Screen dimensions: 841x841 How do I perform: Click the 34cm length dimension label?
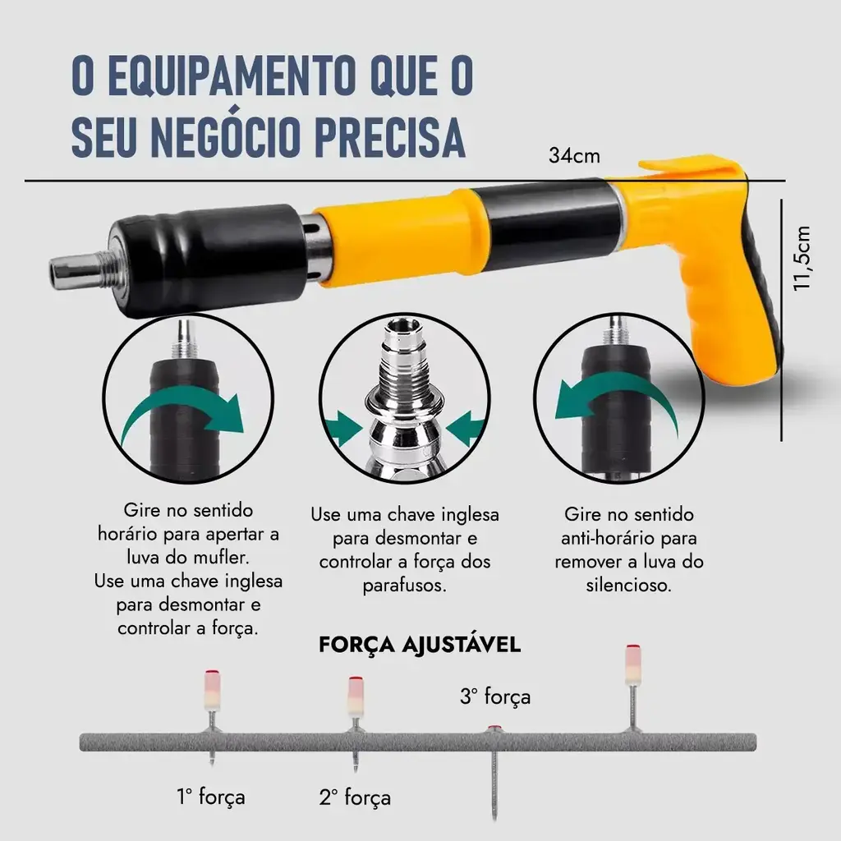point(574,155)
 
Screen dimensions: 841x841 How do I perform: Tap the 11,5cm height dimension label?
point(802,259)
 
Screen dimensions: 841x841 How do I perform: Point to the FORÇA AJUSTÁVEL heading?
point(420,644)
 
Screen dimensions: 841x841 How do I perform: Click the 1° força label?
point(211,797)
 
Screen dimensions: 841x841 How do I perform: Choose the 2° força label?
point(355,797)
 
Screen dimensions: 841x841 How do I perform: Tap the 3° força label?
point(495,696)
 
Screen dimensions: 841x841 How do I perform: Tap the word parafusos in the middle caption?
point(404,586)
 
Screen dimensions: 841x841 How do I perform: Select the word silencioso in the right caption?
point(628,585)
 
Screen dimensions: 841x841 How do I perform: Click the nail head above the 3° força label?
point(494,729)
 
